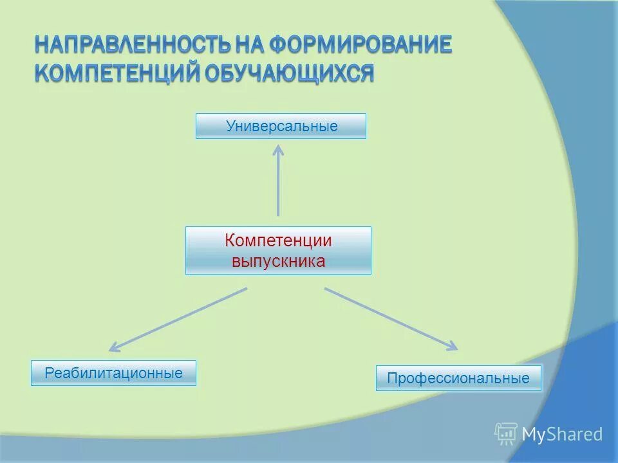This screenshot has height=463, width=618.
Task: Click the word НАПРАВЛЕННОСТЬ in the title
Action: [x=124, y=45]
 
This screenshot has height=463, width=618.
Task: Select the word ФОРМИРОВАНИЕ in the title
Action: [x=360, y=45]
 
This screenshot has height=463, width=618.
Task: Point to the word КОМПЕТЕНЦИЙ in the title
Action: [x=116, y=72]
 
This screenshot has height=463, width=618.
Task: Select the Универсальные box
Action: [x=281, y=126]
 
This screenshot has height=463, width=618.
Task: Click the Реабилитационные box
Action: [x=113, y=373]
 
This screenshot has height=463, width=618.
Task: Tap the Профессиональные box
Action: [x=458, y=378]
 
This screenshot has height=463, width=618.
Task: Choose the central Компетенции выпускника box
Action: [x=278, y=251]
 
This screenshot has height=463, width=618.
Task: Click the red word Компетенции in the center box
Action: [x=278, y=241]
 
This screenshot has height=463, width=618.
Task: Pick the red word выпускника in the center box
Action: [x=278, y=261]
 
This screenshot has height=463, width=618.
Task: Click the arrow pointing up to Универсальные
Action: [x=278, y=183]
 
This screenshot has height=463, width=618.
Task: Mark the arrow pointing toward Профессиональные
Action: [x=391, y=319]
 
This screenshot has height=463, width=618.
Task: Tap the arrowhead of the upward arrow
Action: [x=278, y=150]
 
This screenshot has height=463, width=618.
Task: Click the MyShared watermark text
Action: [x=562, y=435]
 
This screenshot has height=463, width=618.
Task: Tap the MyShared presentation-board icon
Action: [x=506, y=434]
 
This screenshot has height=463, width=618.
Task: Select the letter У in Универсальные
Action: [x=230, y=126]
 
